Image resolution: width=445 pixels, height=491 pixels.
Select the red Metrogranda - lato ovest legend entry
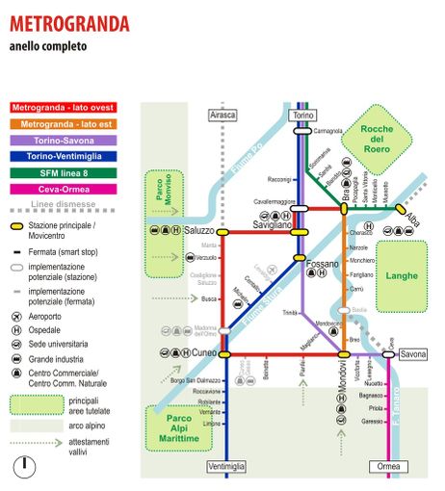point(64,109)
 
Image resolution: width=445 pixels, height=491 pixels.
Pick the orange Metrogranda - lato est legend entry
point(64,125)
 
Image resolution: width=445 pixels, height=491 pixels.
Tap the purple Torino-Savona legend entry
point(64,141)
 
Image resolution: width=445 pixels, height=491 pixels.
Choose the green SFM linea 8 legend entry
point(64,172)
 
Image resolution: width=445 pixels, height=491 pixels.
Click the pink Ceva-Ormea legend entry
point(64,189)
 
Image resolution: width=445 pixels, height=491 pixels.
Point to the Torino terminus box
point(302,115)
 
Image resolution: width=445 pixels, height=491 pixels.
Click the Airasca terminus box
point(222,115)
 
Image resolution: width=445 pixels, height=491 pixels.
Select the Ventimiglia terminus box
point(226,467)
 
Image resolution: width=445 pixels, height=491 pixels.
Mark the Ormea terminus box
point(388,467)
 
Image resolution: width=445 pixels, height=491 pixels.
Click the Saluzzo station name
point(198,231)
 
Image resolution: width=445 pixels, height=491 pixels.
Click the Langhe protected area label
point(400,275)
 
